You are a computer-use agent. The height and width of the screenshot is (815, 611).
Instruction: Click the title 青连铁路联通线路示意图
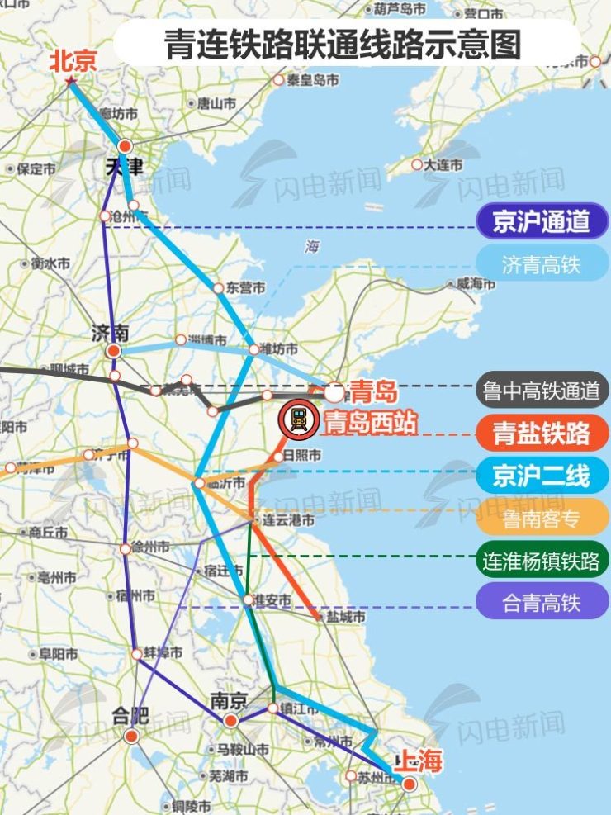click(x=343, y=44)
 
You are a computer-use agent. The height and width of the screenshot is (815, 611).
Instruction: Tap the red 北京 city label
click(x=73, y=61)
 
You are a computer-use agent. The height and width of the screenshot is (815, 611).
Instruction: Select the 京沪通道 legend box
click(x=542, y=221)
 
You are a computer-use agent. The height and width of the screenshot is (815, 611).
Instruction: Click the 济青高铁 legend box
click(x=542, y=265)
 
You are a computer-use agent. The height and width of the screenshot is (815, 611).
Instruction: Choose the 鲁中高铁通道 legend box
click(x=542, y=390)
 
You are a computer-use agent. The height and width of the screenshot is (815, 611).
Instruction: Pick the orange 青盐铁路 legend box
click(x=542, y=433)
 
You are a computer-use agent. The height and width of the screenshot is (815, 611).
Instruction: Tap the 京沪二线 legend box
click(x=542, y=476)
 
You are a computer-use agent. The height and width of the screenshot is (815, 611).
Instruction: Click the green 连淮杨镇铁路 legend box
click(x=542, y=561)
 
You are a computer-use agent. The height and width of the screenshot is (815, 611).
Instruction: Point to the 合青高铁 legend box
click(x=542, y=604)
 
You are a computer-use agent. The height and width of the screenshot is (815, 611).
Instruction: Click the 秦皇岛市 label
click(x=312, y=80)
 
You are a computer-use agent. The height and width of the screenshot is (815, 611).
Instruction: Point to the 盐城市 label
click(x=345, y=616)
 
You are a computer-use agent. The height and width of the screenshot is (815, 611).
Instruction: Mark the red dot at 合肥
click(x=130, y=736)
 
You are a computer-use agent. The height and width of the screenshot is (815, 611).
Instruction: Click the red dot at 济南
click(x=114, y=351)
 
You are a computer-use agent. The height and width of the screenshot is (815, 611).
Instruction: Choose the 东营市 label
click(x=245, y=288)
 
